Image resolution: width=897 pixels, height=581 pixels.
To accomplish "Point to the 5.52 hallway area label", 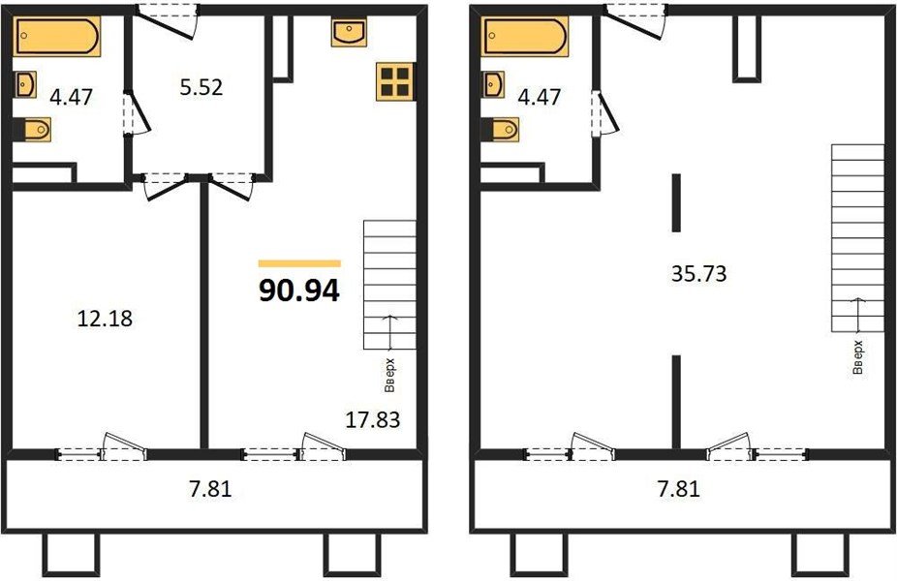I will (x=201, y=88).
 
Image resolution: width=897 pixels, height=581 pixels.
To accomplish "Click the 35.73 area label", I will (x=698, y=274).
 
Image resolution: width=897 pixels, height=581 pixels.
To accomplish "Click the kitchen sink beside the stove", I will (x=347, y=32).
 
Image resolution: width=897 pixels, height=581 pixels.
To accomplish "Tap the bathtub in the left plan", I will (x=57, y=39).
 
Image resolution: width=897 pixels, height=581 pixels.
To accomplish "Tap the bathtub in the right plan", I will (x=523, y=39).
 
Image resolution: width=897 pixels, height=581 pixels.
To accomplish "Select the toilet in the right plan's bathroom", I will (x=502, y=128).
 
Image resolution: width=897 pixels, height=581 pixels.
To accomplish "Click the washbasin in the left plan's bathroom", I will (x=25, y=84).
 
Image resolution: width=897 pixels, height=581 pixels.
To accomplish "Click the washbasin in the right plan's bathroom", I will (x=492, y=84).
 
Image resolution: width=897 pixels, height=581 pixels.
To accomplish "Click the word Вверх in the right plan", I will (x=856, y=355).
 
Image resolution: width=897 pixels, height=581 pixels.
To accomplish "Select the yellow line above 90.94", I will (x=299, y=262).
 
